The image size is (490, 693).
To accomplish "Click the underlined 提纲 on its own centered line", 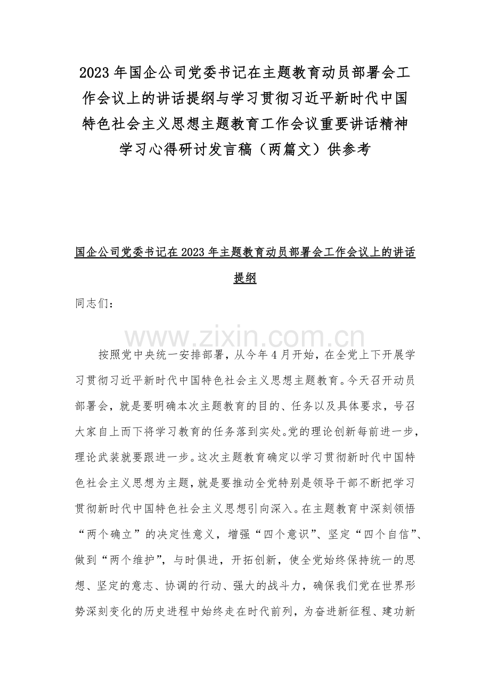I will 245,277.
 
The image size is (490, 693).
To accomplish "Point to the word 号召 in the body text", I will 405,406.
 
